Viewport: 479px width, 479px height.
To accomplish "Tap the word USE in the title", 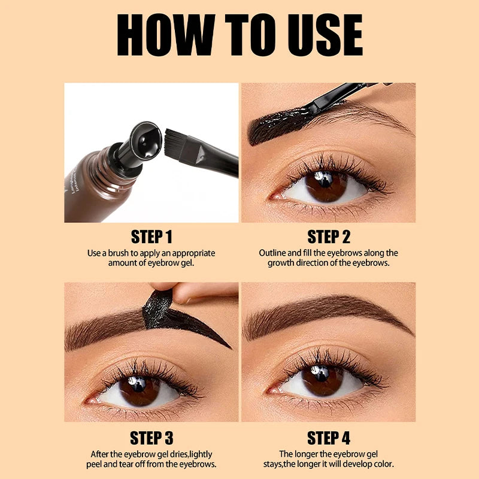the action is click(325, 35).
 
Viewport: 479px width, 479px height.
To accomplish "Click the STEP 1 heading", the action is click(151, 237).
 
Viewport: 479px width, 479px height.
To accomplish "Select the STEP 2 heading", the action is click(329, 237).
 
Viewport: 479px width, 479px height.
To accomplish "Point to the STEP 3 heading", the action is click(151, 438).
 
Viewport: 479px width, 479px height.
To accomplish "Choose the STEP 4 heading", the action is click(329, 438).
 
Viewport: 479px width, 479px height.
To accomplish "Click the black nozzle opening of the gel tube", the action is click(146, 141).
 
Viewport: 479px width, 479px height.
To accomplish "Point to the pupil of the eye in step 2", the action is click(325, 180).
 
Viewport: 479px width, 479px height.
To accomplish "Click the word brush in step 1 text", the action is click(119, 253).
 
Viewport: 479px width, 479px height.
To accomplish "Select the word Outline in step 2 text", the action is click(272, 253).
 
